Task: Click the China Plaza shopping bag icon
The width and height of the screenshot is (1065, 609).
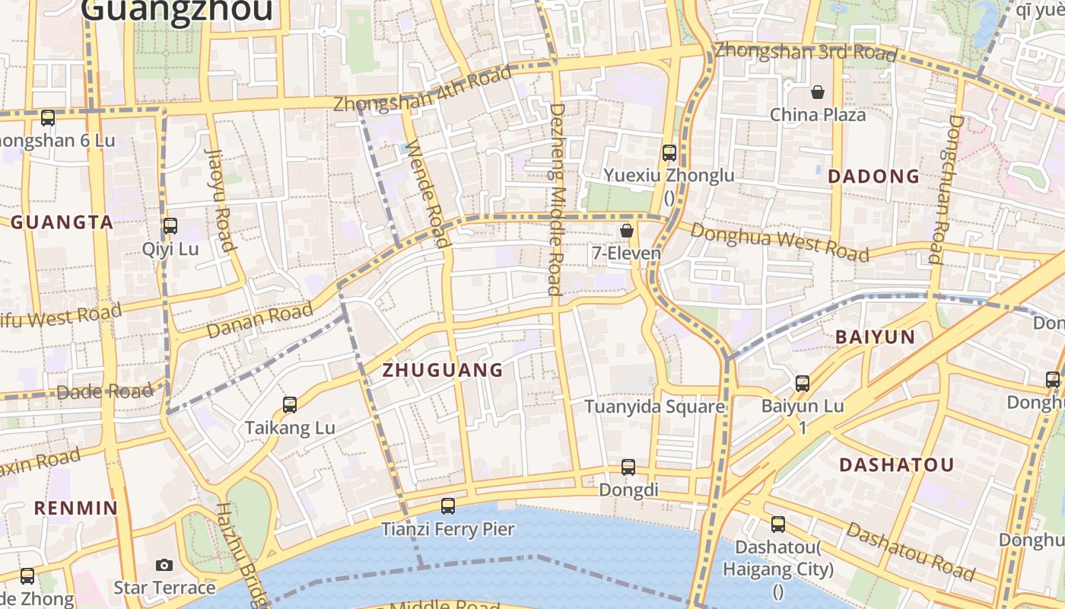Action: click(x=818, y=92)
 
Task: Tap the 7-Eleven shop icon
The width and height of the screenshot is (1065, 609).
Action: click(x=627, y=230)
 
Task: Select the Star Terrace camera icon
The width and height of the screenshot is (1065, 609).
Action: click(x=164, y=565)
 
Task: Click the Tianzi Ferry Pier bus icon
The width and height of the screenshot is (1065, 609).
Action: click(x=448, y=505)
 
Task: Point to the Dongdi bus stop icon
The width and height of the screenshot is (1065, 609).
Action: click(x=628, y=467)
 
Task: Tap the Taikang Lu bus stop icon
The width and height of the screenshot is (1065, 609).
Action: click(x=290, y=405)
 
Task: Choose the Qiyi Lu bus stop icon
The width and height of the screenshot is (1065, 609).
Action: click(x=170, y=226)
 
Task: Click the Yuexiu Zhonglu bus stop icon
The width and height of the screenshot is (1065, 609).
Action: click(x=669, y=152)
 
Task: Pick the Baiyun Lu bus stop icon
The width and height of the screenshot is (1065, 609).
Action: click(x=803, y=383)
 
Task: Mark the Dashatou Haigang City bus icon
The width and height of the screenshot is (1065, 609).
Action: click(x=778, y=524)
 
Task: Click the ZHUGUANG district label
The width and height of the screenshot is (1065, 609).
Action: click(x=443, y=371)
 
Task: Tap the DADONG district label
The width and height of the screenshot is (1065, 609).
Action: click(x=873, y=177)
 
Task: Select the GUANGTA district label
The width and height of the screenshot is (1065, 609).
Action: click(x=62, y=223)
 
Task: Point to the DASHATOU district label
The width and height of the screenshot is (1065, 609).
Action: click(x=896, y=465)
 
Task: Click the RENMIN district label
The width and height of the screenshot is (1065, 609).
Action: click(x=76, y=508)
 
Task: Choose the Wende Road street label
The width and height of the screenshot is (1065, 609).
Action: click(x=428, y=193)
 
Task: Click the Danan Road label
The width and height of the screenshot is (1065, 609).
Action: click(x=259, y=320)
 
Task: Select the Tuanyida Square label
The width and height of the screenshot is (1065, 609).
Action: click(x=654, y=407)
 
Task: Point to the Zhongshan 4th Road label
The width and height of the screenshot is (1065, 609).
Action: click(x=422, y=90)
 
